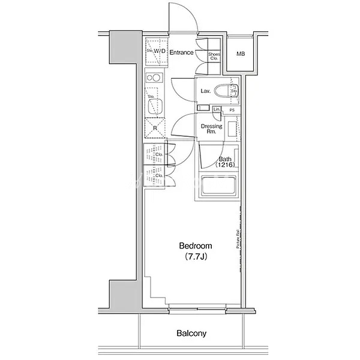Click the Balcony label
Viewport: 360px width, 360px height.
[x=191, y=333]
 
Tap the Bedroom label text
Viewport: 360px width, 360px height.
[x=196, y=246]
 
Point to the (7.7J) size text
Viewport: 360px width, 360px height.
[x=196, y=257]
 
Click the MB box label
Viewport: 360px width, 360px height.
[x=241, y=55]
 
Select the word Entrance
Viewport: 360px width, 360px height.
[x=181, y=53]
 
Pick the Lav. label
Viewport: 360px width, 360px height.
[x=205, y=91]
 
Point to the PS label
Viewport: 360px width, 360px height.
[x=231, y=110]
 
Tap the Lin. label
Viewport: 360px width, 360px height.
[x=217, y=109]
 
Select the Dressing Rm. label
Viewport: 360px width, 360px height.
[x=211, y=129]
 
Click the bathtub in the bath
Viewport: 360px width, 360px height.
[x=217, y=188]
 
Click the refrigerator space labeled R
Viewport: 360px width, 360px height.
[x=155, y=128]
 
